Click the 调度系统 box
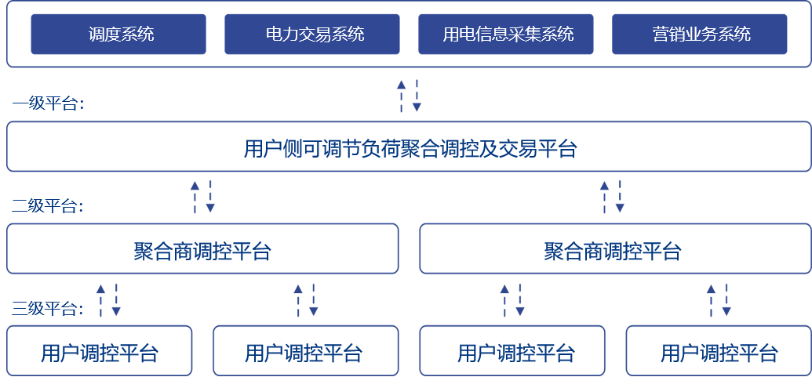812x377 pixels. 118,34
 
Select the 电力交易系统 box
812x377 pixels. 312,34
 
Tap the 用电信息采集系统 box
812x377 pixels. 505,34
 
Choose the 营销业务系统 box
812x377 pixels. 699,34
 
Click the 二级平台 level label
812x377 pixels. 48,207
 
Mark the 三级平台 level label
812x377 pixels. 48,309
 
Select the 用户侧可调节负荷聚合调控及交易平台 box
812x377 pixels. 409,147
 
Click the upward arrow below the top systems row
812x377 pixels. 401,95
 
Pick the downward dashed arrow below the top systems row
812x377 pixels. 417,95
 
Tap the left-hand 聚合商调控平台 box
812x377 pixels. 202,249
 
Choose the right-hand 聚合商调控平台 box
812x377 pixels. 615,249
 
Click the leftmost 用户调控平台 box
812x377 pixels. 100,350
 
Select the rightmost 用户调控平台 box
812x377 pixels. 719,350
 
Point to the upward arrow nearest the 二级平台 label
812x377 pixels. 195,197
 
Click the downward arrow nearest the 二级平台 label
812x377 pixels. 210,197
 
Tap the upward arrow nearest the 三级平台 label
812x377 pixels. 100,300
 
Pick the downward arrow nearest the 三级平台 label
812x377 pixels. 116,300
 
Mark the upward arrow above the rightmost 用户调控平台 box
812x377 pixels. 711,300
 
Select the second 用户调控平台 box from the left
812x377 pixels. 305,350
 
